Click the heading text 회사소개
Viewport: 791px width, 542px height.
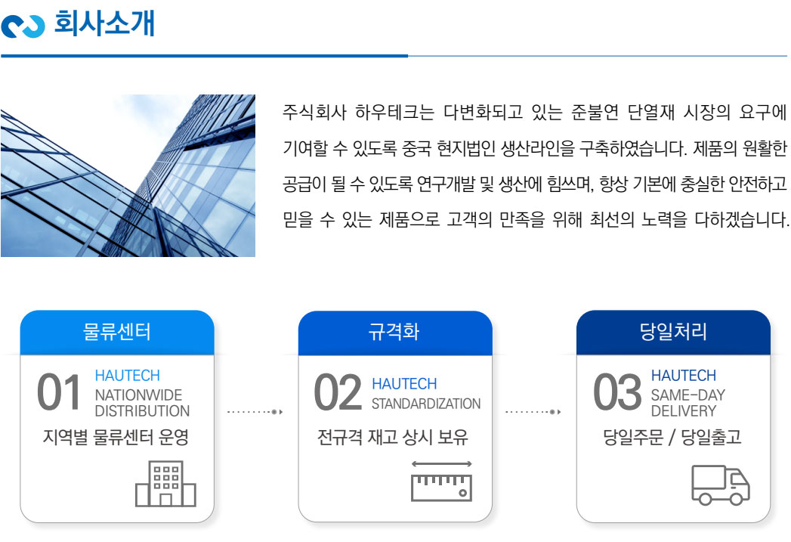(x=104, y=23)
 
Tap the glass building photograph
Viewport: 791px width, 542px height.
(x=128, y=175)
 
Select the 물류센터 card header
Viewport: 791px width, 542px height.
(x=117, y=332)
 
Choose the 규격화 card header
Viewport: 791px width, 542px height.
(x=395, y=332)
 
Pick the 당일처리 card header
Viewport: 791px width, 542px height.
(x=673, y=332)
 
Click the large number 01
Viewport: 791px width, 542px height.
(x=58, y=392)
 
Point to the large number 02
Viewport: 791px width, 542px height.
(x=338, y=392)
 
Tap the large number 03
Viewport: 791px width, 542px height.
(x=617, y=392)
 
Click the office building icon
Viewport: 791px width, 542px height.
(x=165, y=484)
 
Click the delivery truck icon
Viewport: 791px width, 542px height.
(x=721, y=485)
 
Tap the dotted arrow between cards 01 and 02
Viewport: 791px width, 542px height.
(x=255, y=412)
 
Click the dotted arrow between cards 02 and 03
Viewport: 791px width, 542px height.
(x=533, y=412)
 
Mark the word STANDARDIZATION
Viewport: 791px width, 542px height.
(x=426, y=404)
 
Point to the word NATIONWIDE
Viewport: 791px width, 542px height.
(x=138, y=395)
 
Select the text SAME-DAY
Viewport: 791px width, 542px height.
(x=688, y=395)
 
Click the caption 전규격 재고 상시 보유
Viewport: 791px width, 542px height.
(x=392, y=437)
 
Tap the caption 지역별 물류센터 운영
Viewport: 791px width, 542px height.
(x=116, y=437)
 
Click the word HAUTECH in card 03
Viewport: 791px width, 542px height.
(x=684, y=376)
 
